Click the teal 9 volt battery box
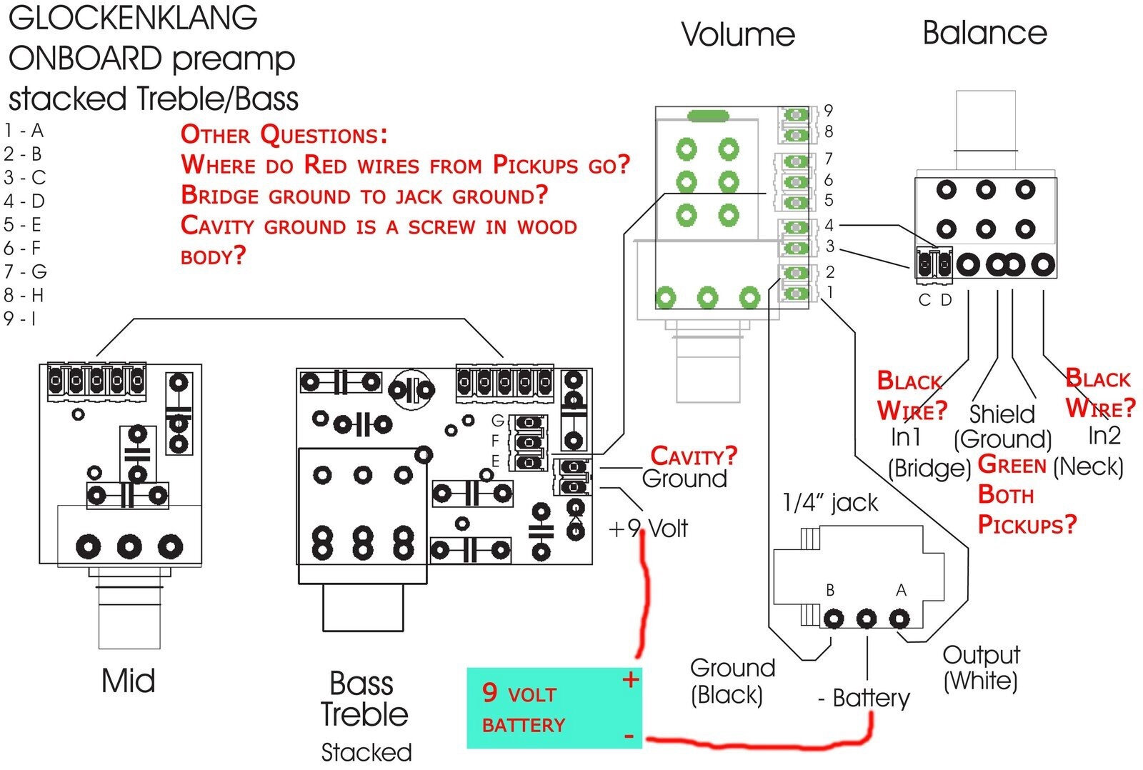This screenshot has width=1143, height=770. [x=554, y=708]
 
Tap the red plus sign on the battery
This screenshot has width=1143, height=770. [x=630, y=679]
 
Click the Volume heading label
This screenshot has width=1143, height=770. [x=738, y=34]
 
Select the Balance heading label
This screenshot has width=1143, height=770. [x=984, y=33]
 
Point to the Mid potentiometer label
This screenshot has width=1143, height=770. [x=129, y=681]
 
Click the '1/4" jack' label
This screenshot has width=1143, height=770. [x=830, y=504]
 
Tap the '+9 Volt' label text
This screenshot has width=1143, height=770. [x=648, y=529]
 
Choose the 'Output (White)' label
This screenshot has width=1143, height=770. [x=981, y=668]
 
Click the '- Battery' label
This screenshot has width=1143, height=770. [x=864, y=698]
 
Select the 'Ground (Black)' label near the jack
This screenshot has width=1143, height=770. [x=732, y=681]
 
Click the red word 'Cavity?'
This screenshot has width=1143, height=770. [x=693, y=456]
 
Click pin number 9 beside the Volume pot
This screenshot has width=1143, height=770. [x=829, y=110]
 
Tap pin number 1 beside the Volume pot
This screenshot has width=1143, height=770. [x=829, y=291]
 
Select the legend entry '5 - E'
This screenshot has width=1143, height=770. [x=23, y=225]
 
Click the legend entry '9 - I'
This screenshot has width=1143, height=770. [x=20, y=319]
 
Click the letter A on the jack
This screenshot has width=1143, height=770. [x=901, y=590]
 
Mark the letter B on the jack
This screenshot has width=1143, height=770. [x=830, y=590]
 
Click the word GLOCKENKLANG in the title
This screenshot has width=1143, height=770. [x=134, y=18]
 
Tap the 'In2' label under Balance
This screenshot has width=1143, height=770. [x=1104, y=434]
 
